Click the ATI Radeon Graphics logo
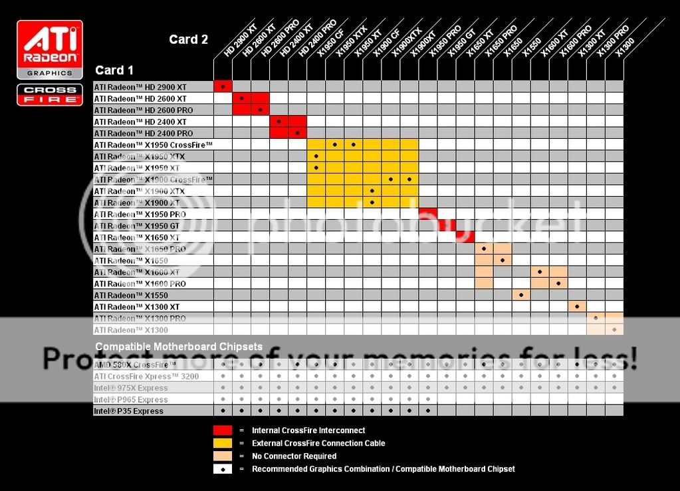click(50, 50)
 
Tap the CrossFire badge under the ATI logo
click(50, 94)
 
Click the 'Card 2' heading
click(188, 40)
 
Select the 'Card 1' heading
click(114, 70)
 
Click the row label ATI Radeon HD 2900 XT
click(140, 87)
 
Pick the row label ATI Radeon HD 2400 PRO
click(144, 134)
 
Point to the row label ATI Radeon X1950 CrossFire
click(153, 145)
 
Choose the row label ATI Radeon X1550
click(131, 295)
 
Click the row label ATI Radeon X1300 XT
click(137, 307)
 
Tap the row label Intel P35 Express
click(128, 411)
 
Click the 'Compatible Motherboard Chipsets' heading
click(179, 347)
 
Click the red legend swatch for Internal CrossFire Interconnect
click(223, 431)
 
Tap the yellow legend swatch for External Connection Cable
click(223, 443)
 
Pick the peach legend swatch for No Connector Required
click(223, 456)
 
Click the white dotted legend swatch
click(223, 468)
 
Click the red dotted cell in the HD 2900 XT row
click(223, 87)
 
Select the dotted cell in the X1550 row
click(521, 295)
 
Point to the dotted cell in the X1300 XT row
click(577, 307)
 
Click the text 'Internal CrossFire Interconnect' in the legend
click(308, 431)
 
